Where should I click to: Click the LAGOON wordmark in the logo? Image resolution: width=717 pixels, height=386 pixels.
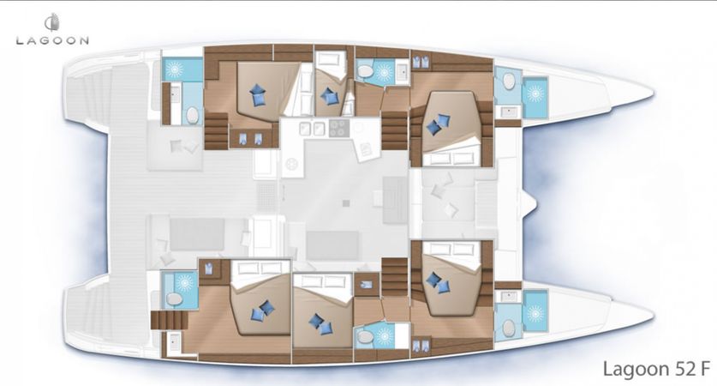pos(52,41)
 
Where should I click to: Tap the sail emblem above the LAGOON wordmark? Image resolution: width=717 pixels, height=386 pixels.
pos(51,23)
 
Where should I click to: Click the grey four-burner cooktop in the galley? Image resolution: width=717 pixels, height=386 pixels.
pos(338,128)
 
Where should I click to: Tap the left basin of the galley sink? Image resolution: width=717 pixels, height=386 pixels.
pos(306,129)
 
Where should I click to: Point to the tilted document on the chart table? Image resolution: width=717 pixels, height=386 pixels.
pos(366,148)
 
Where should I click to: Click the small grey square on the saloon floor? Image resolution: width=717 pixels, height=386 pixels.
pos(346,202)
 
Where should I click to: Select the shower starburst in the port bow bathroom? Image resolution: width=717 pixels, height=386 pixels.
pos(535,93)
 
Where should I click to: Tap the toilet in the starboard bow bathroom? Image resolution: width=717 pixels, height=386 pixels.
pos(509,328)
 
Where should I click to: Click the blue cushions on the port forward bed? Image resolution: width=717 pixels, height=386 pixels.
pos(438,124)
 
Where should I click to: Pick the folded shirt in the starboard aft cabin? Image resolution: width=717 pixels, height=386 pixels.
pos(209,268)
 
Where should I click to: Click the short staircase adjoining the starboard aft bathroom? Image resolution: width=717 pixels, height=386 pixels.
pos(170,320)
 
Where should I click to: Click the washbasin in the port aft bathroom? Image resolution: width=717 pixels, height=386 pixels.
pos(175,93)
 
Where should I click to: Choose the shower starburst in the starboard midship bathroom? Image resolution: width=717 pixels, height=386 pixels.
pos(383,337)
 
